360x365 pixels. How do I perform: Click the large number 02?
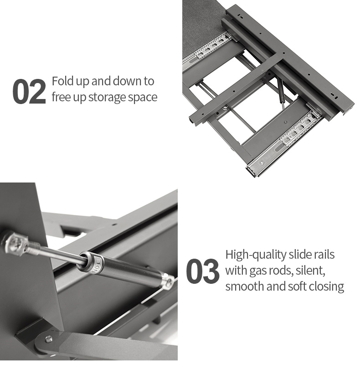pos(29,92)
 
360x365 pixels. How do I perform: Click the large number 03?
pos(202,271)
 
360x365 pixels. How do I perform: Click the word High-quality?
pos(256,255)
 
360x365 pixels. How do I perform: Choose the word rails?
pos(323,254)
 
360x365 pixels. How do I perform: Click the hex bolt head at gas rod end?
pos(15,243)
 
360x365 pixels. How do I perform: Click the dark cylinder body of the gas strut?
pos(131,270)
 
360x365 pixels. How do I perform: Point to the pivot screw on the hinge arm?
pos(49,338)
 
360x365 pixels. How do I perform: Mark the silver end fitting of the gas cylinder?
pos(168,282)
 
